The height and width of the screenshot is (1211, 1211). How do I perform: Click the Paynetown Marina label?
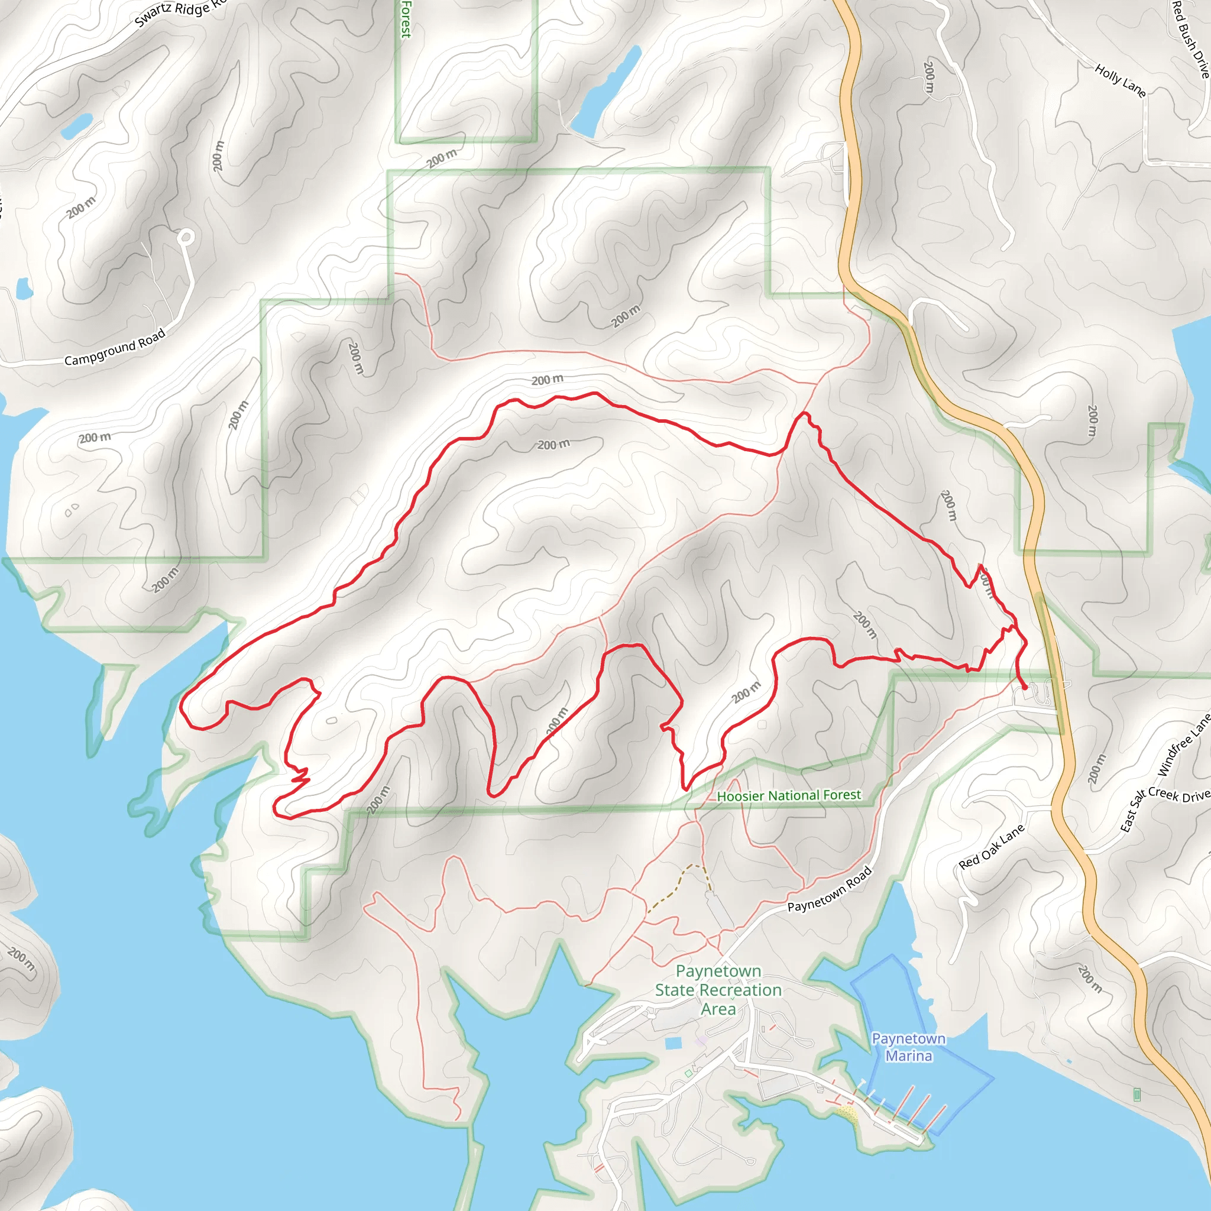(x=908, y=1047)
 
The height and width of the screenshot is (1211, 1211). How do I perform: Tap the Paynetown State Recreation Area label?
(x=718, y=990)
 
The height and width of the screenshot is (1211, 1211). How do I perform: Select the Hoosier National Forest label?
(x=789, y=795)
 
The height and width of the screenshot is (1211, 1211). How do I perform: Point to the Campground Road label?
(x=115, y=347)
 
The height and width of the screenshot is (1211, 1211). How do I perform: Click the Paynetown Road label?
(x=829, y=889)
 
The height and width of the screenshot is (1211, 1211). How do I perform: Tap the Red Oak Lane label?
(x=992, y=846)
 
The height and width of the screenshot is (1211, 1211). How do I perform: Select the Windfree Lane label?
(x=1183, y=746)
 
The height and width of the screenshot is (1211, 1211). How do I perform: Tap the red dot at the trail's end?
(x=1025, y=688)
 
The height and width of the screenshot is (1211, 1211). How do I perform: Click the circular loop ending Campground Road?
(x=186, y=237)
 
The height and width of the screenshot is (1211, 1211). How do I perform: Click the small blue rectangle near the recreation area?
(x=673, y=1043)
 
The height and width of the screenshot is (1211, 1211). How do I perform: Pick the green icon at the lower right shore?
(x=1137, y=1095)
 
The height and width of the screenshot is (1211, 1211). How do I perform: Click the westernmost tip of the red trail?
(x=181, y=707)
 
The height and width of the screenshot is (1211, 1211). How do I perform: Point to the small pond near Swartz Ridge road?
(x=76, y=126)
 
